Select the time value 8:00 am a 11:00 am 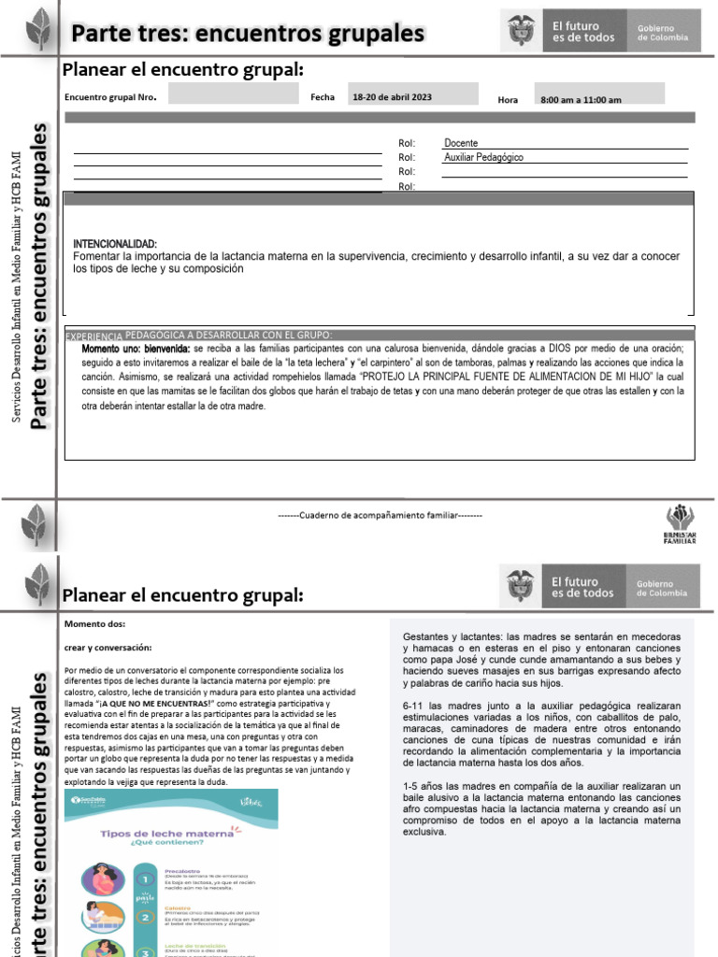pos(581,99)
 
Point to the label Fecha pos(321,96)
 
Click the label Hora pos(508,99)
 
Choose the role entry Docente pos(461,143)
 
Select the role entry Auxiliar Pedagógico pos(483,157)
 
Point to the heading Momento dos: pos(94,624)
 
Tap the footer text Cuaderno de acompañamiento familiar pos(380,515)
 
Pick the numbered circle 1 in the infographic pos(145,878)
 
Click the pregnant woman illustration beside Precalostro pos(101,878)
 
